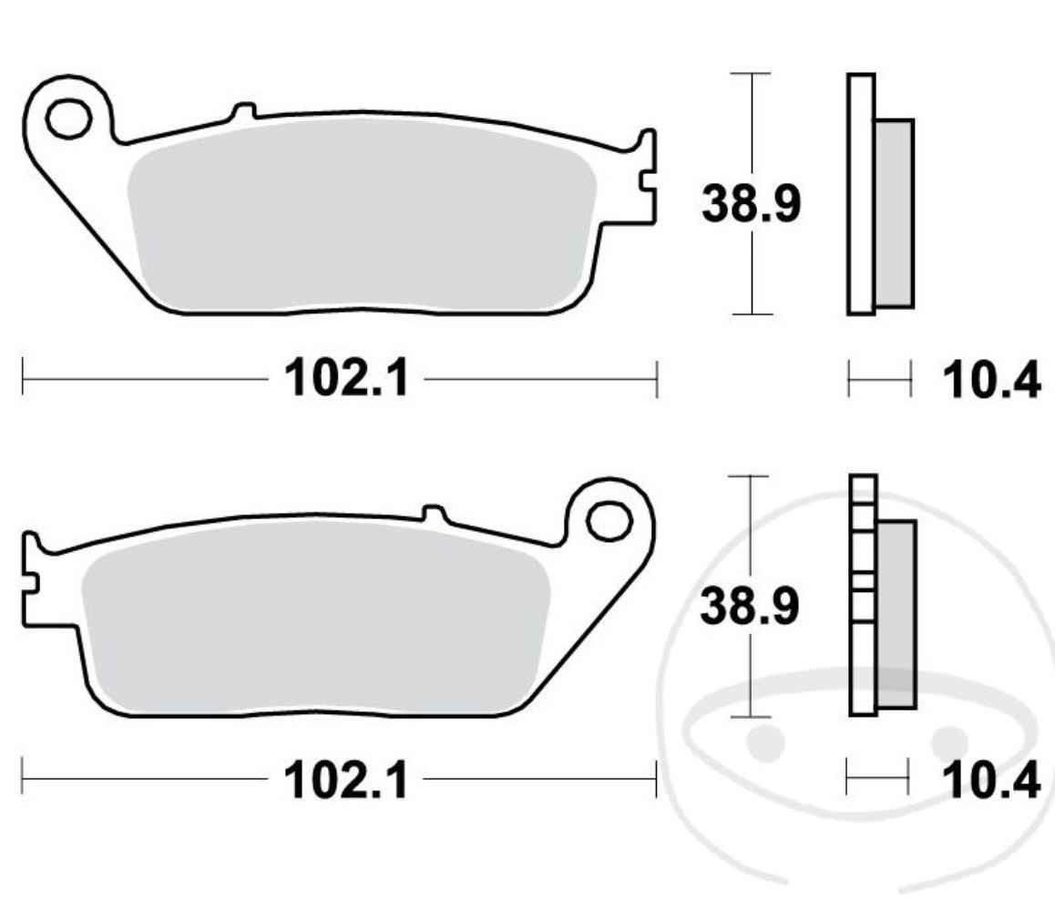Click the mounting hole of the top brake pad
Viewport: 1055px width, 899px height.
pos(68,118)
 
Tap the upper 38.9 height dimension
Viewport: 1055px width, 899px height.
pos(751,204)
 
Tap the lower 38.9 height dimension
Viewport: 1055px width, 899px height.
pos(749,607)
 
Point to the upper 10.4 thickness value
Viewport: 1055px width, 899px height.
pos(991,380)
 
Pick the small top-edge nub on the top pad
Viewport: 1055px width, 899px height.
pos(242,111)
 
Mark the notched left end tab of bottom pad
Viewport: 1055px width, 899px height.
pos(31,579)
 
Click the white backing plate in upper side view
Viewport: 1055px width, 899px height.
pos(861,194)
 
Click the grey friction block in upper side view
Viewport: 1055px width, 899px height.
pos(894,212)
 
